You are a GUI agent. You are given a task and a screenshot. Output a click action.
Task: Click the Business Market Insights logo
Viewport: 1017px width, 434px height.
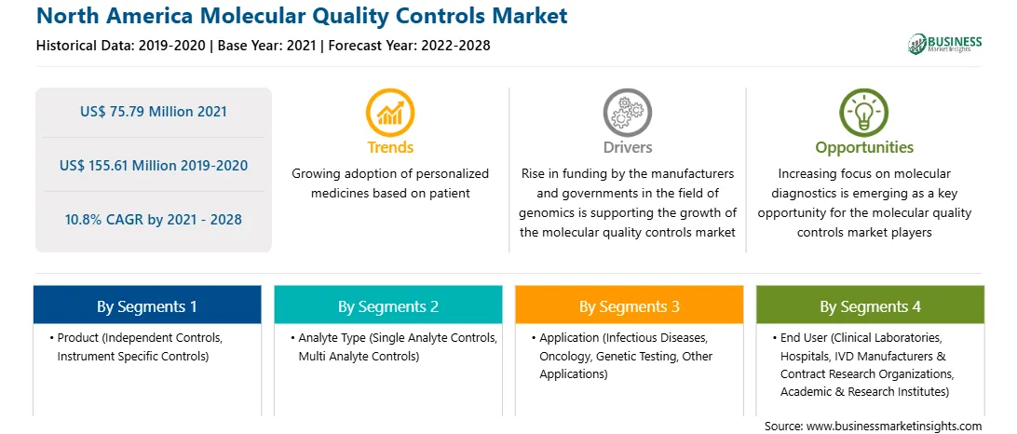tap(944, 44)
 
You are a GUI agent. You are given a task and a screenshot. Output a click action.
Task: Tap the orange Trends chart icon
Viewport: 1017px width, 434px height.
tap(390, 113)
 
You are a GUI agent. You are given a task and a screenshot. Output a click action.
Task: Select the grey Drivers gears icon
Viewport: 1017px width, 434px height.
tap(627, 113)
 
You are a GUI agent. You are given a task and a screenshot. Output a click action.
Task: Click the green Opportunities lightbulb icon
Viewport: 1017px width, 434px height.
tap(864, 113)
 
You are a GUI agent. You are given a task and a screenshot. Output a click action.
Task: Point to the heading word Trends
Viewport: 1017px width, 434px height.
tap(390, 147)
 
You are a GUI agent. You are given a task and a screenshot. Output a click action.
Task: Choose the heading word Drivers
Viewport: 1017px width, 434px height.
tap(627, 147)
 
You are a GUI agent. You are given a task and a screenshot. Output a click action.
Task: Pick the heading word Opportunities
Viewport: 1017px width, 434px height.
tap(864, 148)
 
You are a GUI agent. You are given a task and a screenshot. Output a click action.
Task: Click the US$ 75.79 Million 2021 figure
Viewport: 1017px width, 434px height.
tap(154, 112)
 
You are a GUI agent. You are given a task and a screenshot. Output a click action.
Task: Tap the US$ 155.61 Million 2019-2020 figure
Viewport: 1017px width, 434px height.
tap(154, 166)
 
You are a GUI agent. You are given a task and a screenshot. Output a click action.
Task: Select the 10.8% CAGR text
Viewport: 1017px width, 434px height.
tap(154, 219)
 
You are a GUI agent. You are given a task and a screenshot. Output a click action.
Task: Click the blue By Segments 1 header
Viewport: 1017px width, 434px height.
tap(147, 306)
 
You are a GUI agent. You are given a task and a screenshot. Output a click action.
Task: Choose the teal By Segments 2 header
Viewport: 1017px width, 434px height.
tap(387, 306)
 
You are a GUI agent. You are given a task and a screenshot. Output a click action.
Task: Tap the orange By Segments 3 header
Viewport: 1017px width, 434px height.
tap(630, 306)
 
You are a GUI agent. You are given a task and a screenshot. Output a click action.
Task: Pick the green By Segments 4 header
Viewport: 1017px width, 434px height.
tap(871, 306)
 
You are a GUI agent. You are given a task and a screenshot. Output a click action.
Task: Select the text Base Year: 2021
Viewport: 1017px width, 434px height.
tap(267, 46)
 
